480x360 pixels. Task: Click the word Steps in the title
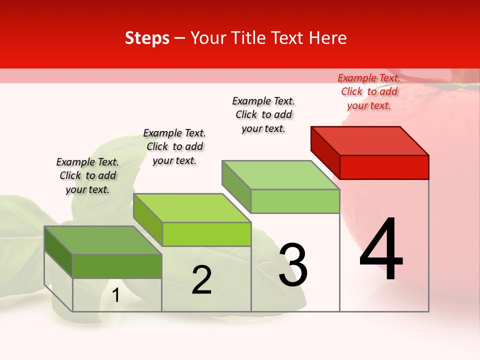(147, 38)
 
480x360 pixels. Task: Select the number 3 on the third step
(293, 265)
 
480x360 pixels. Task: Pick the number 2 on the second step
(201, 280)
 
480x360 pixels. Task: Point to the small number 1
(115, 295)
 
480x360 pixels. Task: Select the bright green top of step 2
(192, 208)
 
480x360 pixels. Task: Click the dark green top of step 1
(103, 240)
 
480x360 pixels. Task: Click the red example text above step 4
(369, 91)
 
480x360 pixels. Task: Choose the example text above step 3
(263, 114)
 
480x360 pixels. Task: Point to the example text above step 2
(174, 146)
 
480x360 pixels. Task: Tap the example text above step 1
(87, 175)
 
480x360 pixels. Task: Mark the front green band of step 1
(117, 266)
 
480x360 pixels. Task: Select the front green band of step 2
(206, 234)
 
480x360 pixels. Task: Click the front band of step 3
(295, 201)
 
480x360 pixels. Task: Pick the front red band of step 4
(384, 167)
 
